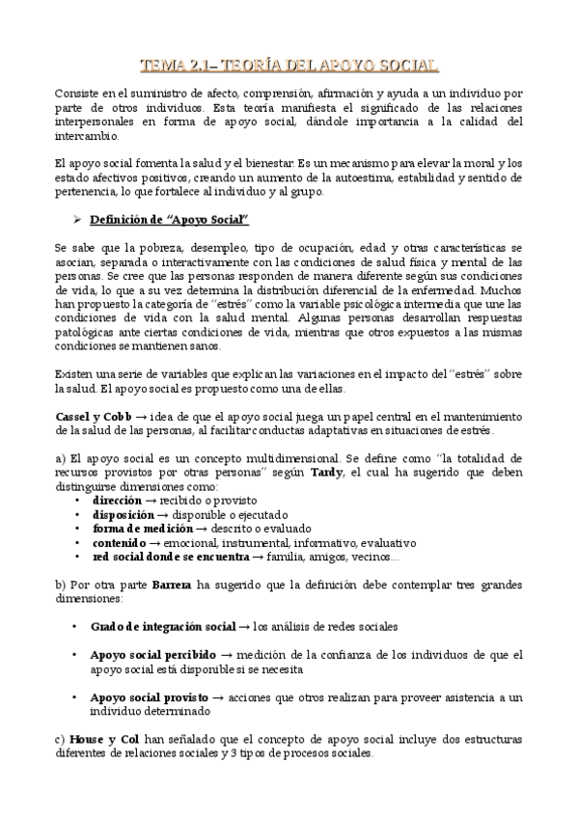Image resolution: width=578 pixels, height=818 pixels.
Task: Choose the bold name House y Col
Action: tap(103, 738)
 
